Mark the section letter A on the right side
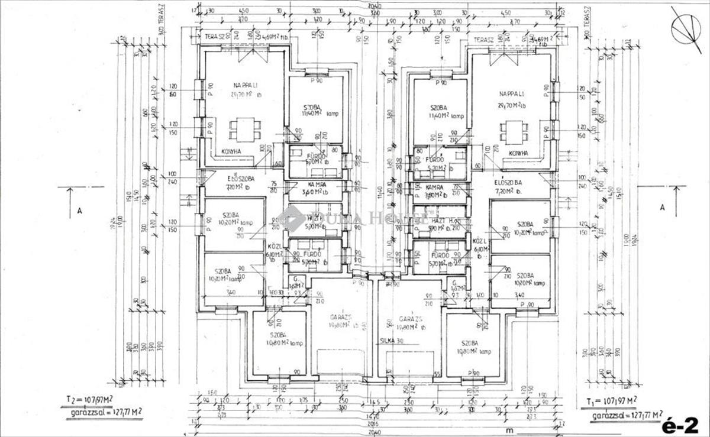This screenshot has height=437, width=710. [662, 207]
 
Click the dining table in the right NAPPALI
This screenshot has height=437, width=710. [512, 131]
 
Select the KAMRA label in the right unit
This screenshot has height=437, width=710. [435, 187]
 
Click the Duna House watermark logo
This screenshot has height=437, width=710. [355, 216]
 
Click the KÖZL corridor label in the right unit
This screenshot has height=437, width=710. [479, 242]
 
